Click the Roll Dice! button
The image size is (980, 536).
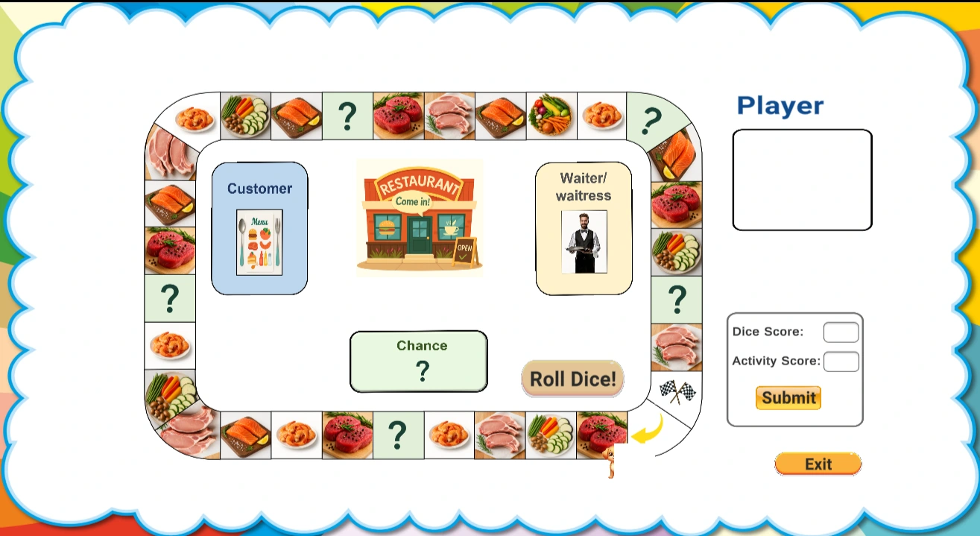(x=572, y=379)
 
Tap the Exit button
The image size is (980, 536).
(x=818, y=464)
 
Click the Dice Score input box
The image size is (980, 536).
(x=841, y=332)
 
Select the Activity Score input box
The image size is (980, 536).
(x=841, y=362)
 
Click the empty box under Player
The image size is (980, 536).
(x=802, y=180)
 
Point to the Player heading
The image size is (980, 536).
(x=780, y=106)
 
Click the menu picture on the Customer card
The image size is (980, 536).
(x=259, y=242)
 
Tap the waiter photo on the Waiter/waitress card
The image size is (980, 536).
(x=584, y=242)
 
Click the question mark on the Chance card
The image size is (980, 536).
(x=422, y=371)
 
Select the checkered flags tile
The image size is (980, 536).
(x=677, y=391)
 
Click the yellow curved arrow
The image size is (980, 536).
(x=647, y=429)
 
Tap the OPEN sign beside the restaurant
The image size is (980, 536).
(x=464, y=251)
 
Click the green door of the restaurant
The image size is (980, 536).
(x=419, y=236)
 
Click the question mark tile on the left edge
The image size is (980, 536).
(x=170, y=298)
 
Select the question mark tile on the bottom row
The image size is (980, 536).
(x=398, y=434)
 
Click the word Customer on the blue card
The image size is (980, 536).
(x=259, y=189)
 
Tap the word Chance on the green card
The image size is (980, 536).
(x=422, y=345)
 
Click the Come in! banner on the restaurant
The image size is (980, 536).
(x=413, y=201)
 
